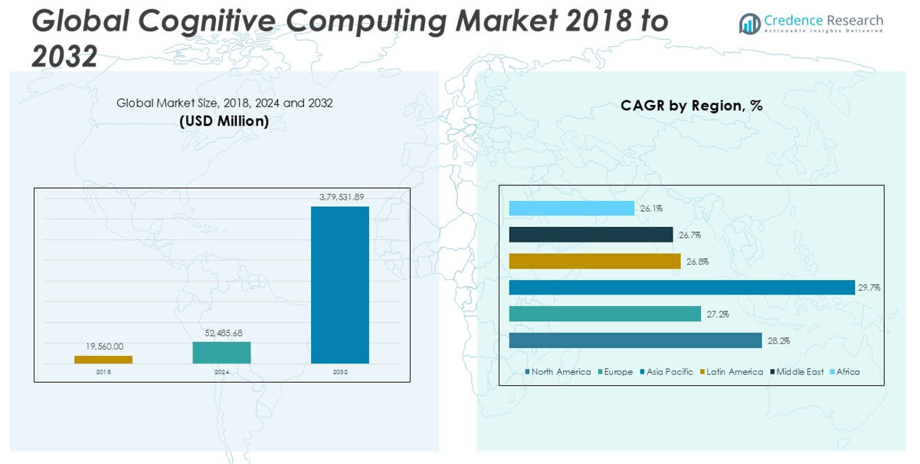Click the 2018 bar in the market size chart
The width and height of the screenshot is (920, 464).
tap(103, 359)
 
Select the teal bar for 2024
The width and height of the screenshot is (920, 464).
tap(221, 353)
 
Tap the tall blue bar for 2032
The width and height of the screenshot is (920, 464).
tap(339, 285)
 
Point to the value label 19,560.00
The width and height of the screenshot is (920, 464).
tap(103, 347)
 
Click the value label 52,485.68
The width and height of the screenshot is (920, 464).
tap(221, 333)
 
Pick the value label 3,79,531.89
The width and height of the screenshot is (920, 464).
tap(340, 197)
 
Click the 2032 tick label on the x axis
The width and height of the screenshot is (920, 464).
tap(340, 372)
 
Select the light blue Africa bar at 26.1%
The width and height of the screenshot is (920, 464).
tap(571, 209)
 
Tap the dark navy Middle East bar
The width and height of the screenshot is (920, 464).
tap(591, 235)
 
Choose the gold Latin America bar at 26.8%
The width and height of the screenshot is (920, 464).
tap(594, 262)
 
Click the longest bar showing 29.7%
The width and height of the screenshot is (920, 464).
tap(681, 288)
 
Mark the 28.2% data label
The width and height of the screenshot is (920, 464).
tap(778, 341)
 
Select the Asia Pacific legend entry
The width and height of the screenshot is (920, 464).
tap(669, 372)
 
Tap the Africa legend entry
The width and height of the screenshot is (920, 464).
tap(847, 372)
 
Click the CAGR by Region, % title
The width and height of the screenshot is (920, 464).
tap(692, 106)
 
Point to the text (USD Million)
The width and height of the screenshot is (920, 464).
tap(224, 120)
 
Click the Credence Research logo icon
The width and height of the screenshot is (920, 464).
tap(749, 24)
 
